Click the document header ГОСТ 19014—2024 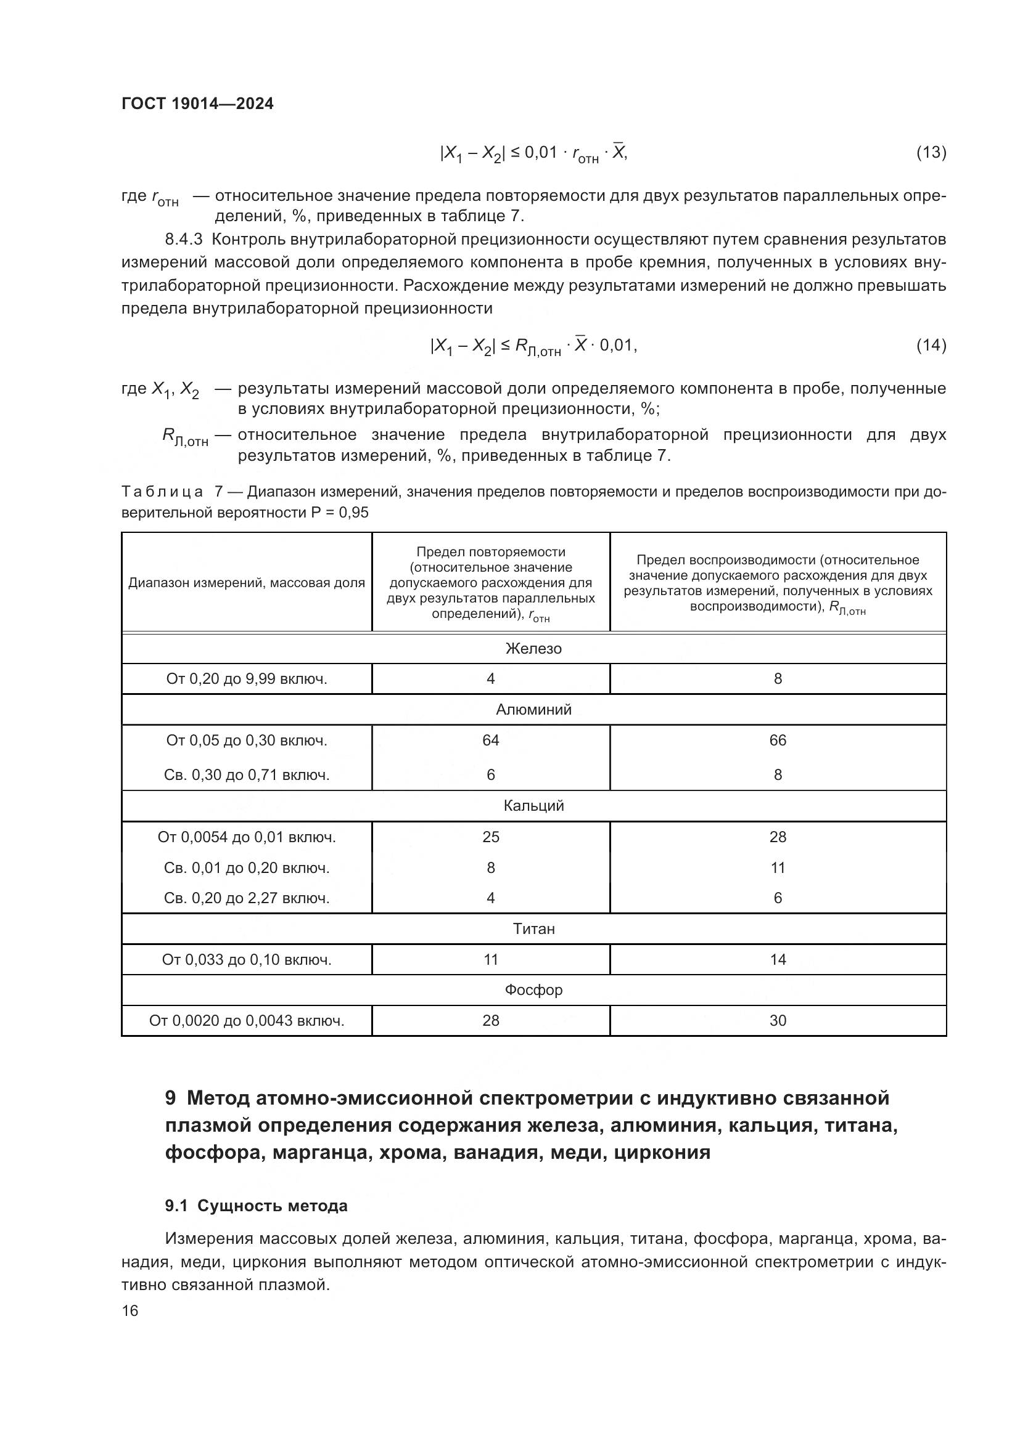[197, 104]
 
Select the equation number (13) [931, 152]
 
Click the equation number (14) [931, 344]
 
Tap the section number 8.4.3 [183, 239]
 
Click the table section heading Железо [533, 648]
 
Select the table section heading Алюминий [533, 710]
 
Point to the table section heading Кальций [533, 806]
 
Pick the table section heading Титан [533, 929]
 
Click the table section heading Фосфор [533, 990]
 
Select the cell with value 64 [490, 741]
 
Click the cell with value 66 [778, 741]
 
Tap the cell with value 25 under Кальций [490, 837]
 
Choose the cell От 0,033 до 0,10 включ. [247, 960]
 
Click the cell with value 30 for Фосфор [778, 1020]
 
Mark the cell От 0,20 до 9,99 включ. [247, 678]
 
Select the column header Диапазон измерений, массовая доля [247, 582]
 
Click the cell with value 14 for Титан [778, 960]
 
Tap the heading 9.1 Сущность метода [257, 1206]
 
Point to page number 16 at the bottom [130, 1310]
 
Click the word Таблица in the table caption [162, 492]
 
